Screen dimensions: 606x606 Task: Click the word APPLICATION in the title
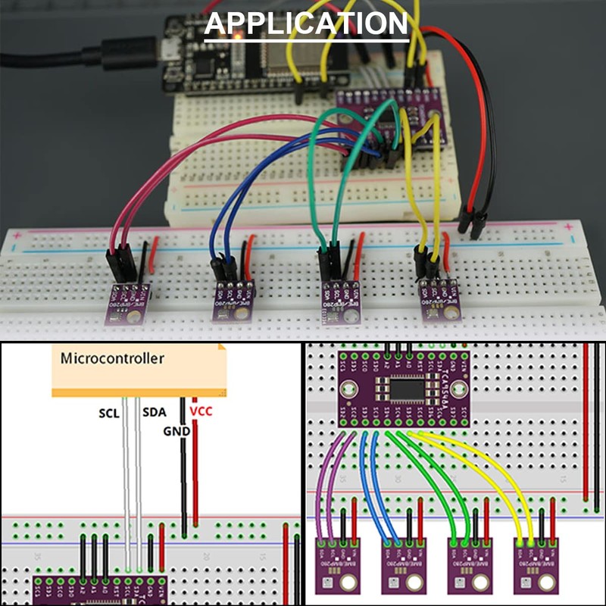coord(307,23)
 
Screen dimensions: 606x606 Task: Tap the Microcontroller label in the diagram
coord(111,358)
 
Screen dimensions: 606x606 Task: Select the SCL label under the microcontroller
coord(109,414)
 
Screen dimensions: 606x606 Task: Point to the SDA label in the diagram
coord(154,414)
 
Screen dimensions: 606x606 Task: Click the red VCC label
coord(201,411)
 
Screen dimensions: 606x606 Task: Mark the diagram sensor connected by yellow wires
coord(536,564)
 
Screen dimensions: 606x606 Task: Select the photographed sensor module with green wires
coord(340,301)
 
